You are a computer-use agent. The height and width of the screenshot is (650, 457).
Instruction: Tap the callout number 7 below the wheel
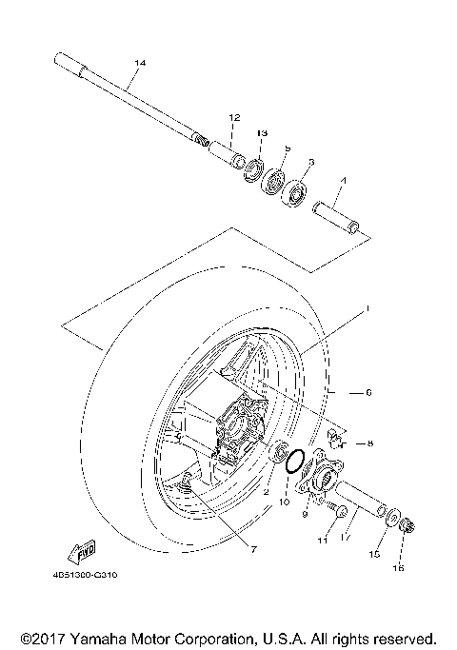pyautogui.click(x=252, y=548)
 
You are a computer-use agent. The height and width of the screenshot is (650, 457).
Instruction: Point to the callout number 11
pyautogui.click(x=323, y=540)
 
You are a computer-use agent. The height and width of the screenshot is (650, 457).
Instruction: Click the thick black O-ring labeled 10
pyautogui.click(x=295, y=461)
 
